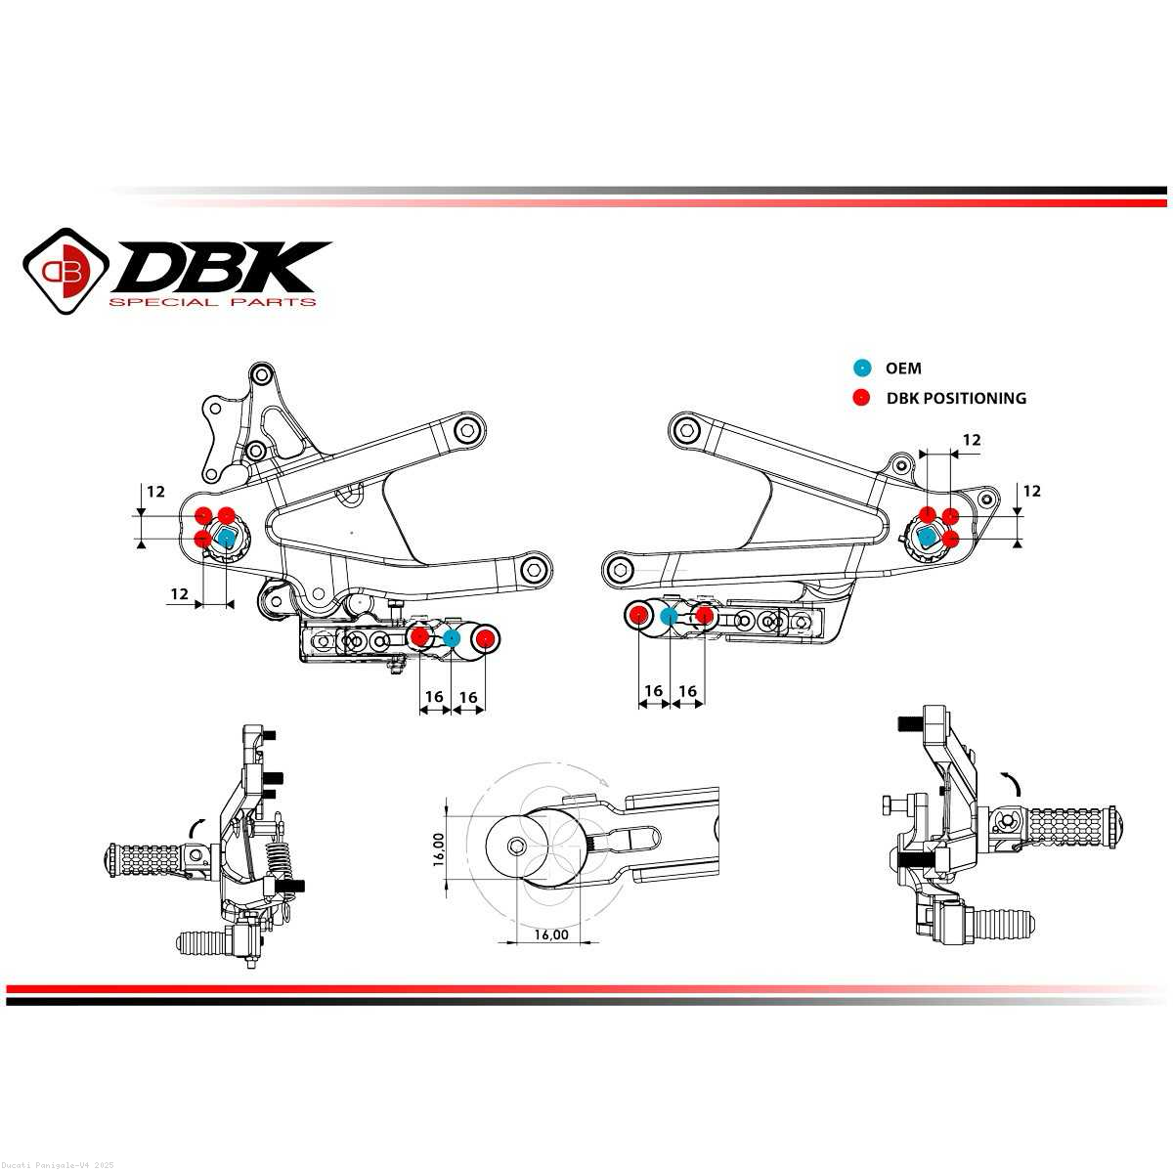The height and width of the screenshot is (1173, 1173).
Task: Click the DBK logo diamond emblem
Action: (x=65, y=271)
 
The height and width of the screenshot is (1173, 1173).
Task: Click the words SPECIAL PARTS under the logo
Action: (x=212, y=302)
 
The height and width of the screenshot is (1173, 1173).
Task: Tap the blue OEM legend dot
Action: (x=862, y=368)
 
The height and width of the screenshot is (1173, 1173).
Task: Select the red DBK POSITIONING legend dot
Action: (x=862, y=398)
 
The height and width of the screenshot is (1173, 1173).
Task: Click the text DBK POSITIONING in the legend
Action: (x=956, y=398)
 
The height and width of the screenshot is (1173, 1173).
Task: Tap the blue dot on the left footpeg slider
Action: (x=451, y=638)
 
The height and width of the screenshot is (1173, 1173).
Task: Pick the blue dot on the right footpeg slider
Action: (x=669, y=616)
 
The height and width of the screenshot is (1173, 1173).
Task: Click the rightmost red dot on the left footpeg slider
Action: (x=485, y=638)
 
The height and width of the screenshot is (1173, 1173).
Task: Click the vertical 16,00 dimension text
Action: (x=439, y=849)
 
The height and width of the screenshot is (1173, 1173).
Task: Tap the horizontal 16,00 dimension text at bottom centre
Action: (x=551, y=934)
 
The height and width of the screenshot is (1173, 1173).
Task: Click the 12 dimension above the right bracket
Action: (x=972, y=440)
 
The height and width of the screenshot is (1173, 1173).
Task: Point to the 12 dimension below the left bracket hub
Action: (x=180, y=593)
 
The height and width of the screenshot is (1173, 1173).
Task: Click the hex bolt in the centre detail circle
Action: (x=517, y=846)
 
